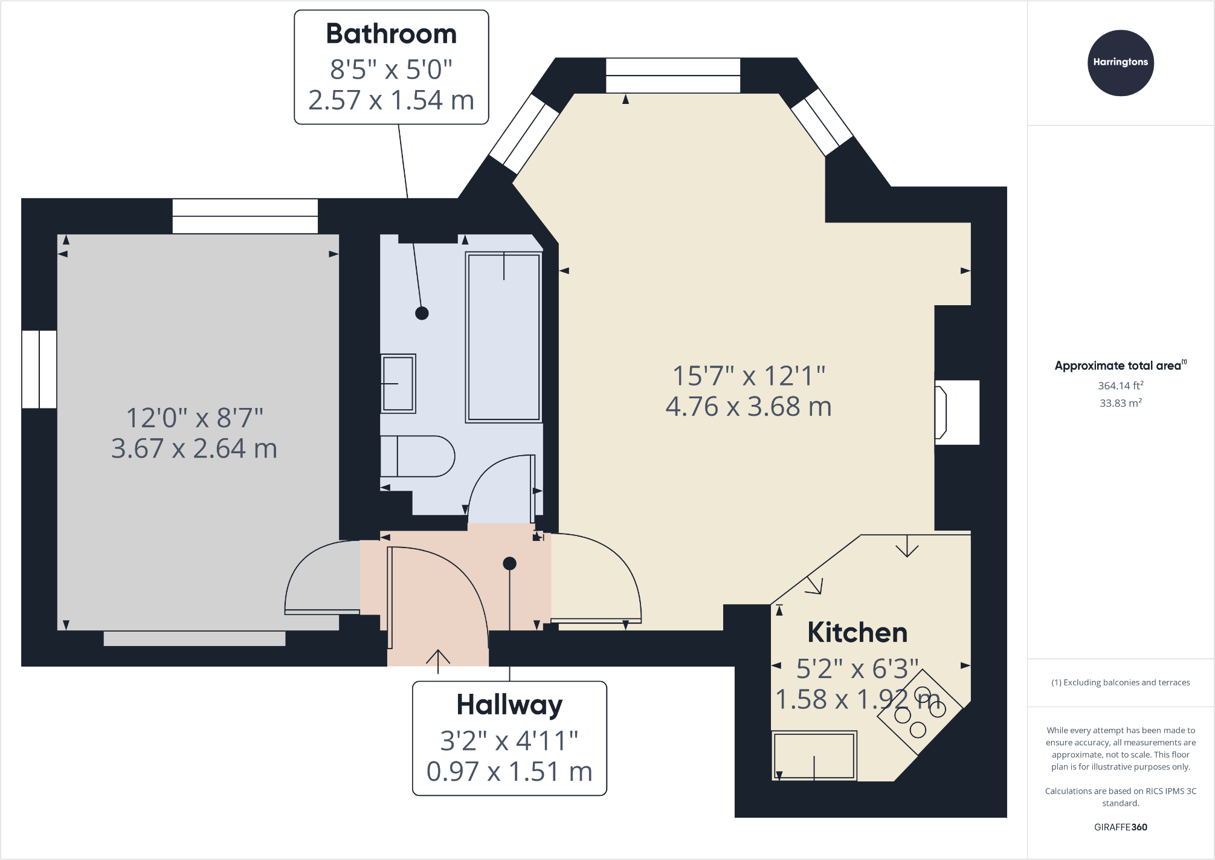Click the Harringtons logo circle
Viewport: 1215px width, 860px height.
coord(1120,63)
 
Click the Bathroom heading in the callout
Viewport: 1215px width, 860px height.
coord(391,34)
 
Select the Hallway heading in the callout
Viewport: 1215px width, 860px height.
coord(509,705)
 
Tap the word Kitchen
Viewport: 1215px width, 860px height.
coord(857,633)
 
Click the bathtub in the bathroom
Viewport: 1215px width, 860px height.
coord(503,337)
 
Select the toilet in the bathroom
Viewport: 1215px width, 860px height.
coord(417,456)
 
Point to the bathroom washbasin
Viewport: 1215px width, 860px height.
coord(398,383)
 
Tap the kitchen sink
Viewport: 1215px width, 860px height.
coord(814,755)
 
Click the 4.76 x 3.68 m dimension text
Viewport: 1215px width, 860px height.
coord(748,407)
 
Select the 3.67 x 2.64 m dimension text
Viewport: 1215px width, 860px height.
coord(194,448)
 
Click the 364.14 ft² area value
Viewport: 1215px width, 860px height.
coord(1120,386)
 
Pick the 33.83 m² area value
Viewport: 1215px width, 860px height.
coord(1120,403)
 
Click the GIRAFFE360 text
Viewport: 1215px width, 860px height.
coord(1120,827)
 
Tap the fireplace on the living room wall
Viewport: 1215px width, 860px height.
coord(956,413)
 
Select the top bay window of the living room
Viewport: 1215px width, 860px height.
coord(672,76)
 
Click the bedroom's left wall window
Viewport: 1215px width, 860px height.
coord(39,369)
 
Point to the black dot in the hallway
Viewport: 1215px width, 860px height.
coord(509,563)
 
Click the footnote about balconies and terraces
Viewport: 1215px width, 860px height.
coord(1120,682)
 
